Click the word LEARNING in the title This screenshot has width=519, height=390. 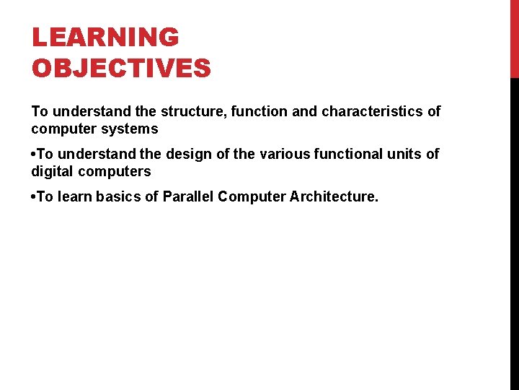click(x=105, y=38)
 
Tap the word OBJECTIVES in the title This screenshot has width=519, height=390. click(x=121, y=68)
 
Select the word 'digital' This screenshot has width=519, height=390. click(x=52, y=171)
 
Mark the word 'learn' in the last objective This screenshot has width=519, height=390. click(x=74, y=196)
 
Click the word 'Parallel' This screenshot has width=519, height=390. click(x=190, y=196)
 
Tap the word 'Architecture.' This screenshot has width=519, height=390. click(x=334, y=196)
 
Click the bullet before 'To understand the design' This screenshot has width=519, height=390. click(x=34, y=155)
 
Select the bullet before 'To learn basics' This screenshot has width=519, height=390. click(x=34, y=197)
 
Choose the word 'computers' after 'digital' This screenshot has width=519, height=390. click(x=115, y=171)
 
